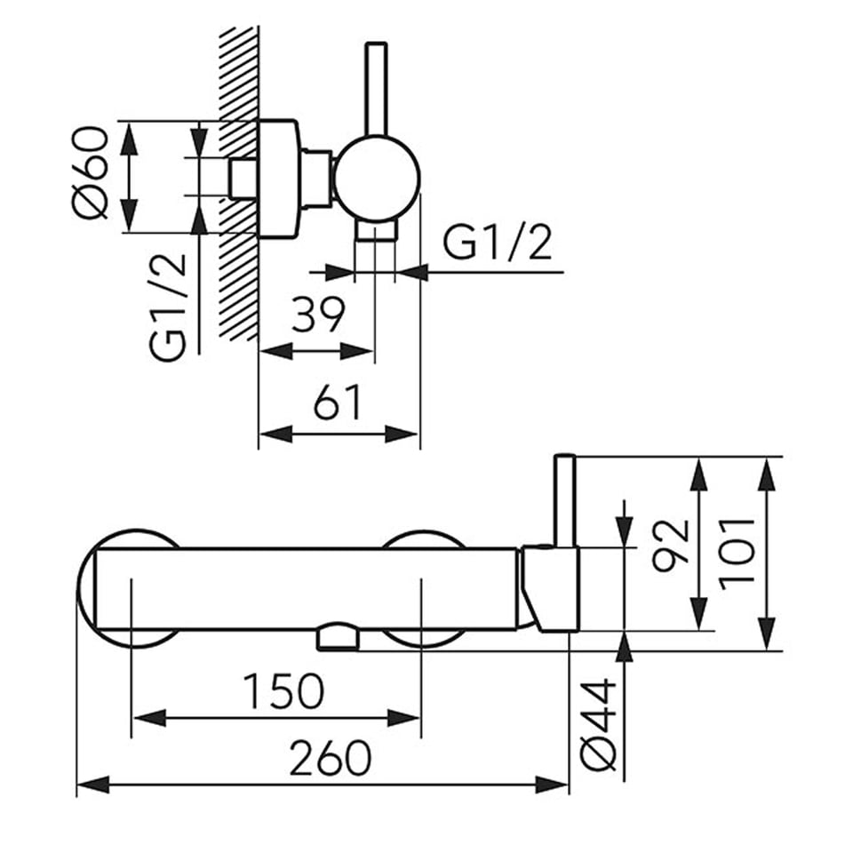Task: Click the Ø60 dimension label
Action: tap(91, 172)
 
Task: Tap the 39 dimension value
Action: tap(318, 315)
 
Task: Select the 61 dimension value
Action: tap(338, 403)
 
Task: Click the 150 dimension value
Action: tap(283, 691)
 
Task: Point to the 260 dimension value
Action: tap(331, 758)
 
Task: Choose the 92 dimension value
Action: tap(671, 546)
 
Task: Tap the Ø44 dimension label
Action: tap(598, 724)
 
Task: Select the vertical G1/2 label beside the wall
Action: tap(168, 307)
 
